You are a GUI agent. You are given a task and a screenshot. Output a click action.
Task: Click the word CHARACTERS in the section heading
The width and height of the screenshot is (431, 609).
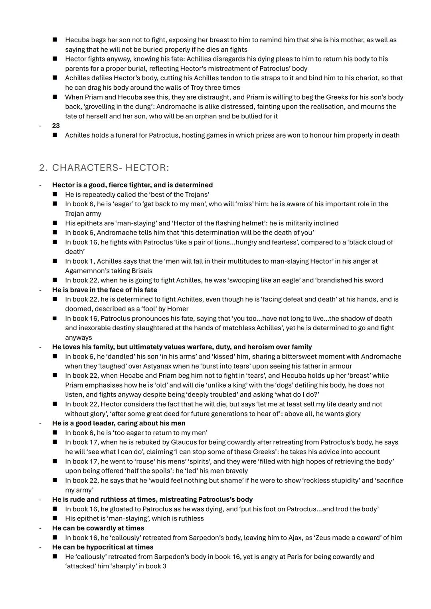pyautogui.click(x=85, y=168)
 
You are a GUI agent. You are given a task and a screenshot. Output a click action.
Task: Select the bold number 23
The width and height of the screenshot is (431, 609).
pyautogui.click(x=56, y=126)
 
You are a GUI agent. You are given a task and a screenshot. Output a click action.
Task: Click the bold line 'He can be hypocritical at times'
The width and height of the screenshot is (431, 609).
pyautogui.click(x=103, y=547)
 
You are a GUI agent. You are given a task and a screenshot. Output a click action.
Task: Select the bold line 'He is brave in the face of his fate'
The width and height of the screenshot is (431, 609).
pyautogui.click(x=105, y=290)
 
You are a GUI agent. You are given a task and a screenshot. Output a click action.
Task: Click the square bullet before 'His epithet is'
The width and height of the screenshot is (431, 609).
pyautogui.click(x=55, y=518)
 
